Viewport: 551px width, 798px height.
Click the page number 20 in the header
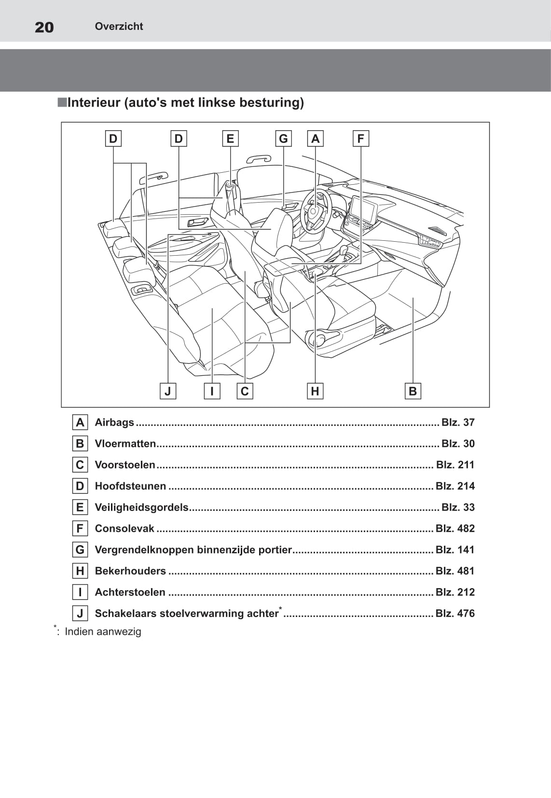coord(44,27)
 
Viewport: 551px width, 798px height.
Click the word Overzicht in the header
coord(119,27)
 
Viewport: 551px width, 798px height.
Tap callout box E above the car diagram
coord(230,139)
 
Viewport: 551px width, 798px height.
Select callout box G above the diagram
coord(283,139)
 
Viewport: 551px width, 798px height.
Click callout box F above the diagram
coord(360,139)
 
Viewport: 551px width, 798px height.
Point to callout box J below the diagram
coord(167,391)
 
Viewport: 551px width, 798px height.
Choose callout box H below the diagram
coord(315,391)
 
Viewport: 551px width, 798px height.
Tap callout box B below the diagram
coord(413,391)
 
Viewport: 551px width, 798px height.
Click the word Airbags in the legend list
coord(114,422)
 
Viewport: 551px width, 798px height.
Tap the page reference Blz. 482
coord(455,528)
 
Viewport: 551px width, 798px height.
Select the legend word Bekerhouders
coord(130,571)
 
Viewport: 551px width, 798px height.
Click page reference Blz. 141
coord(455,550)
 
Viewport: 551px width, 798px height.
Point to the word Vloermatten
coord(125,443)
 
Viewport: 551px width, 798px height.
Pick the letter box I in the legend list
coord(80,592)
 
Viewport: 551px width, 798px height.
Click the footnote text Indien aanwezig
coord(103,632)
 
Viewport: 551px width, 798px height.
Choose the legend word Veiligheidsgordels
coord(141,507)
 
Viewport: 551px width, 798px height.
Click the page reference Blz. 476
coord(455,613)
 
